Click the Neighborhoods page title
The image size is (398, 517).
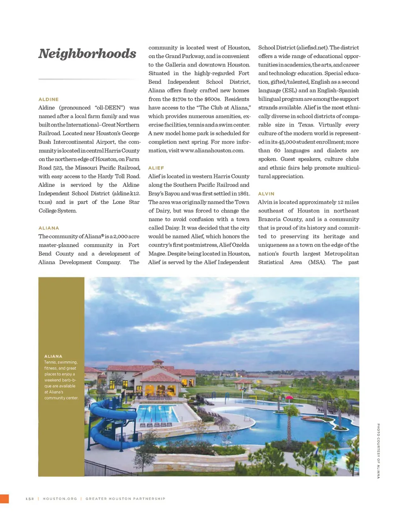pyautogui.click(x=87, y=54)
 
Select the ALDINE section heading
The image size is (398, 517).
pyautogui.click(x=49, y=99)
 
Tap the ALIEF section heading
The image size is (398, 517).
pyautogui.click(x=156, y=168)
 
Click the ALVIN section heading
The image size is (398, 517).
pyautogui.click(x=266, y=194)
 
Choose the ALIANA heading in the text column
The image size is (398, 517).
pyautogui.click(x=49, y=228)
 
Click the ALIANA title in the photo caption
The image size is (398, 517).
pyautogui.click(x=53, y=356)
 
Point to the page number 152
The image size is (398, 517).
pyautogui.click(x=29, y=499)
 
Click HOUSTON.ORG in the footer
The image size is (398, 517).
pyautogui.click(x=60, y=499)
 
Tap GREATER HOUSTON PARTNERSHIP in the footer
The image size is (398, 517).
pyautogui.click(x=125, y=499)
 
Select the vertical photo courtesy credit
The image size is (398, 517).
pyautogui.click(x=378, y=451)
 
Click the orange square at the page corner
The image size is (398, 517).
pyautogui.click(x=4, y=499)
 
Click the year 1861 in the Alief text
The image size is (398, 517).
pyautogui.click(x=243, y=194)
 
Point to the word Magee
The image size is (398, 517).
pyautogui.click(x=157, y=254)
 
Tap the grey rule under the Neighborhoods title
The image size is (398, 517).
pyautogui.click(x=89, y=78)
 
